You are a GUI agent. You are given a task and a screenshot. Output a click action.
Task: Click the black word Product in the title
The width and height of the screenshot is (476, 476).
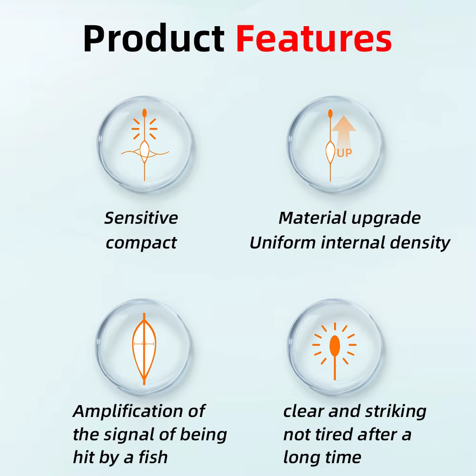(154, 39)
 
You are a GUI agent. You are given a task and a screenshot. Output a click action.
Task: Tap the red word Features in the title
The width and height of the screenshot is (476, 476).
(314, 39)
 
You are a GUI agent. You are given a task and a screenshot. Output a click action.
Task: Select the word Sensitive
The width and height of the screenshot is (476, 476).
(141, 218)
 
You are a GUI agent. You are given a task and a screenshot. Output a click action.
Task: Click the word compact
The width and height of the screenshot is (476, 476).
(141, 243)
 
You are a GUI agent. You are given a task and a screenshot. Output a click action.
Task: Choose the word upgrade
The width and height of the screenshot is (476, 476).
(384, 219)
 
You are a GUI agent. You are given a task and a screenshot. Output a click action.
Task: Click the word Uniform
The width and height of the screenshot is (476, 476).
(283, 243)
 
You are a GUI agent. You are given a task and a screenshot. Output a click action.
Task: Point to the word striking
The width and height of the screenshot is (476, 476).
(396, 412)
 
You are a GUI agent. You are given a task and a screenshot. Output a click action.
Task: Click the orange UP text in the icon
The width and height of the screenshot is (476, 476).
(345, 153)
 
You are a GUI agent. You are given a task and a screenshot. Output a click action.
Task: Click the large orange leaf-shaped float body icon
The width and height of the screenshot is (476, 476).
(144, 349)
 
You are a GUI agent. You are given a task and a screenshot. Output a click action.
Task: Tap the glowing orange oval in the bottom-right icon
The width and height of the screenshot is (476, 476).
(335, 346)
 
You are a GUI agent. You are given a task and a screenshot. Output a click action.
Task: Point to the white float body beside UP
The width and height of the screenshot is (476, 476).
(330, 152)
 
